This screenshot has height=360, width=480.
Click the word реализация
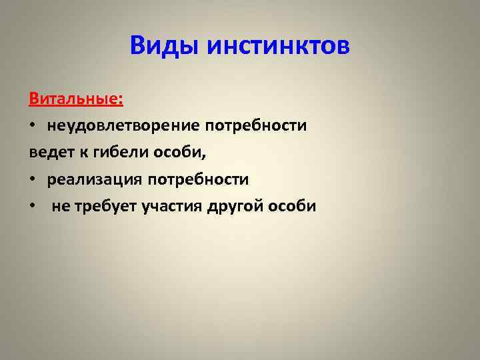point(95,179)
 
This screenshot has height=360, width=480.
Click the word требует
point(104,206)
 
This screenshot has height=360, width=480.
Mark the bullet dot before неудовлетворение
point(33,127)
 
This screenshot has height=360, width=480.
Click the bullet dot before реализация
point(33,180)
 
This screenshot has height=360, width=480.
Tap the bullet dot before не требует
point(33,207)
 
